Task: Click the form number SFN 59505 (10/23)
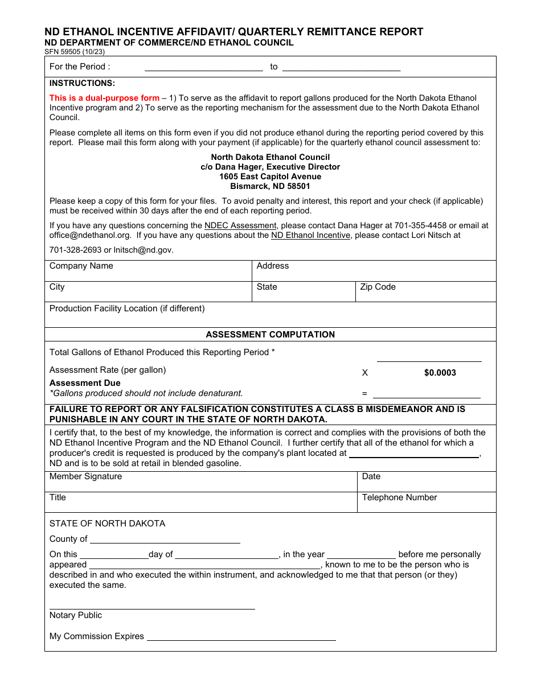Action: pos(75,52)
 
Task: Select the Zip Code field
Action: pos(426,292)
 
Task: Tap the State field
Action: pos(304,292)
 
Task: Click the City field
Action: pos(148,292)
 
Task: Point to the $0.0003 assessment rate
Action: pos(440,373)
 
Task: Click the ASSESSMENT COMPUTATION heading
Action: pos(270,335)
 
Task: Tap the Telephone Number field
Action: pos(426,503)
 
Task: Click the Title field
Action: pos(200,503)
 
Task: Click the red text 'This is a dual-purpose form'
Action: pos(104,98)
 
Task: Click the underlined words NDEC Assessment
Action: pos(240,225)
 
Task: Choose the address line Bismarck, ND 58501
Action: pos(270,186)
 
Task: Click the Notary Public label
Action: pos(76,615)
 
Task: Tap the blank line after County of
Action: pos(165,539)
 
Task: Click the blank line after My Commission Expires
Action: pos(241,636)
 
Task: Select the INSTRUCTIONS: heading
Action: pos(82,83)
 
